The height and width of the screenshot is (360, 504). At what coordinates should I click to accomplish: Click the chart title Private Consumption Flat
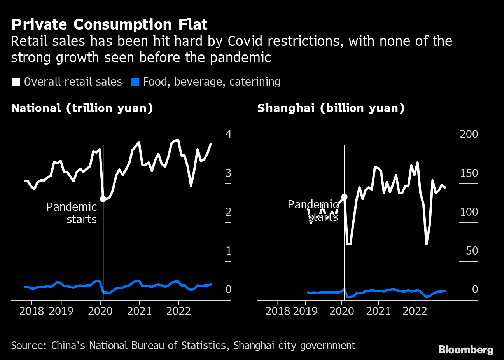(x=109, y=24)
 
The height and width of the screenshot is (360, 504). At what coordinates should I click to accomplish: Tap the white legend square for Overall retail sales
(x=16, y=82)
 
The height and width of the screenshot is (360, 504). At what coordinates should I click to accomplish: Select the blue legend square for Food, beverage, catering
(x=135, y=82)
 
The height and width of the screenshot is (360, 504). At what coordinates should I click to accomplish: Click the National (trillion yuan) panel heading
(x=82, y=108)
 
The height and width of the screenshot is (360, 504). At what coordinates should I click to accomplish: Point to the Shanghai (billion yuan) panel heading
(x=331, y=108)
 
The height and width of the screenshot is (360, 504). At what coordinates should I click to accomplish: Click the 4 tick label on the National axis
(x=228, y=134)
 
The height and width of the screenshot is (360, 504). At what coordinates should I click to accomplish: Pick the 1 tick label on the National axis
(x=228, y=251)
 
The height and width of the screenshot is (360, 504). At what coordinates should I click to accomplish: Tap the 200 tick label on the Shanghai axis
(x=469, y=134)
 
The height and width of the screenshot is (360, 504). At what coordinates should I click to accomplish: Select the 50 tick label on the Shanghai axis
(x=472, y=251)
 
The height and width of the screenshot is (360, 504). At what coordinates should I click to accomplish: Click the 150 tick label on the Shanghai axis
(x=469, y=173)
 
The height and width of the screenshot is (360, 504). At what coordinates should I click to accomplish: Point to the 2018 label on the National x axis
(x=32, y=311)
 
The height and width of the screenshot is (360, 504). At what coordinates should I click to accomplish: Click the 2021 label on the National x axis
(x=139, y=311)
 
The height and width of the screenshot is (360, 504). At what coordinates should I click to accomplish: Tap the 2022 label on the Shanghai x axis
(x=415, y=311)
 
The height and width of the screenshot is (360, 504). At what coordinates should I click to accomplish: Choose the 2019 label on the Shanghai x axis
(x=305, y=311)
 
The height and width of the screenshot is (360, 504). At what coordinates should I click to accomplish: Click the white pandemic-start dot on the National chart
(x=103, y=199)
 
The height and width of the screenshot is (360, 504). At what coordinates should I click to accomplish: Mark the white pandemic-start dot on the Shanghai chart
(x=344, y=197)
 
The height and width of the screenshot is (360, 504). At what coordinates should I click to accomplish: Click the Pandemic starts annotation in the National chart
(x=72, y=213)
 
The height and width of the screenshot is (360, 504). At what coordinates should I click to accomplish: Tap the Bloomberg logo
(x=465, y=350)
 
